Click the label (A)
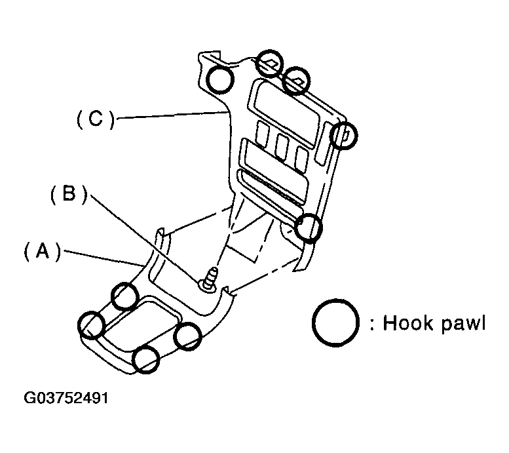coord(42,252)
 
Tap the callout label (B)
coord(68,195)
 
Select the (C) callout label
coord(96,119)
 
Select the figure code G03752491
coord(67,399)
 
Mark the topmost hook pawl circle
coord(269,63)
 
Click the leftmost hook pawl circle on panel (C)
coord(220,79)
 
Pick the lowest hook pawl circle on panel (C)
coord(309,227)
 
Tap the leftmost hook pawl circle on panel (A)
coord(92,324)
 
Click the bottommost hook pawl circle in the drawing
coord(145,359)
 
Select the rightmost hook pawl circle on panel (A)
coord(187,336)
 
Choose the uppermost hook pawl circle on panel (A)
coord(124,296)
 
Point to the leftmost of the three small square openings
coord(263,136)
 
